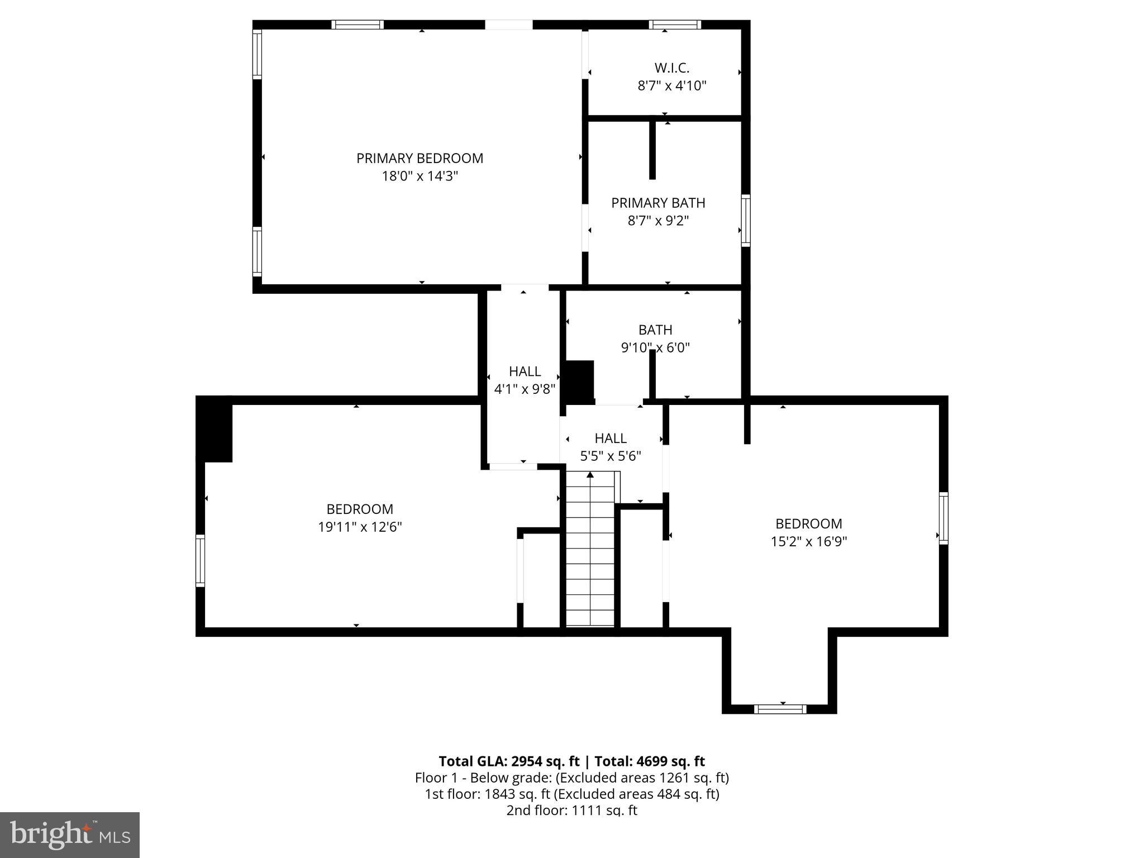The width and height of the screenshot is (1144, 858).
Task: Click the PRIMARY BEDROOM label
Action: point(420,158)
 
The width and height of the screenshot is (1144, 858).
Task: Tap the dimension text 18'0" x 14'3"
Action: point(420,177)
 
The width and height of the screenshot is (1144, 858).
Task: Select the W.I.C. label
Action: point(672,68)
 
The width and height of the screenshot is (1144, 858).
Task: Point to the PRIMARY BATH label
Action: point(658,203)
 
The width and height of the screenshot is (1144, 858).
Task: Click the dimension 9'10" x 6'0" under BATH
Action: point(655,348)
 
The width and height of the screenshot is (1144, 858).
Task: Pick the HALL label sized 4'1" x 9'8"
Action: point(525,371)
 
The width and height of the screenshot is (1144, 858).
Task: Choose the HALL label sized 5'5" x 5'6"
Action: point(610,438)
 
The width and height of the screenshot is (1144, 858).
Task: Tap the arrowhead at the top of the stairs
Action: point(590,475)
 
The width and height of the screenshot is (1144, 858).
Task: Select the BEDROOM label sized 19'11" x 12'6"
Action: point(360,509)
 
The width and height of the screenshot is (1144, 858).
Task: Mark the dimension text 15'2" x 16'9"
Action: point(809,542)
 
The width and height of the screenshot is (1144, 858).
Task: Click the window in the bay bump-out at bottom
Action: point(780,709)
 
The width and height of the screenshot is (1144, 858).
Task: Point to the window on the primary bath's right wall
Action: point(746,220)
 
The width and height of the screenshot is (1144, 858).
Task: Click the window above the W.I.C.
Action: point(675,25)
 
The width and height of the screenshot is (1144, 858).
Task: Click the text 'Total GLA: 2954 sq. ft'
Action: point(509,761)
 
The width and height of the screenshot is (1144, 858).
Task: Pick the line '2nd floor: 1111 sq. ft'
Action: point(571,811)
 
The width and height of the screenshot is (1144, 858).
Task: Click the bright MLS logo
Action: point(70,835)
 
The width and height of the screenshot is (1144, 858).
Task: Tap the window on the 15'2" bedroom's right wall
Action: point(943,518)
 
